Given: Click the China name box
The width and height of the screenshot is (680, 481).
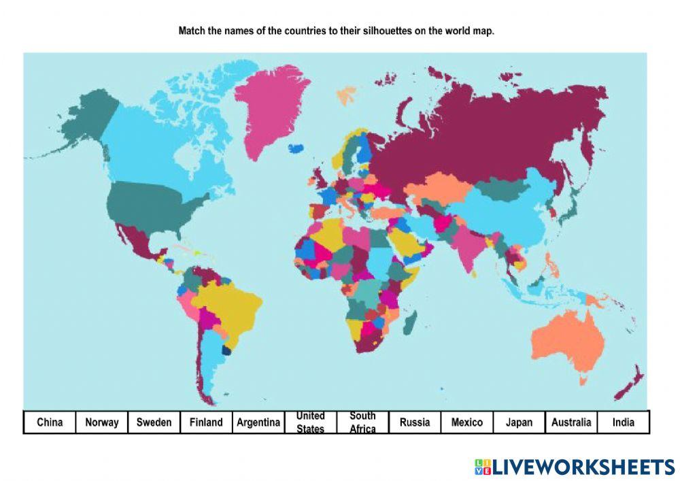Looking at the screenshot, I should tap(50, 422).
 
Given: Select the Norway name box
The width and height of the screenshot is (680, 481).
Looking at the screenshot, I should tap(101, 422).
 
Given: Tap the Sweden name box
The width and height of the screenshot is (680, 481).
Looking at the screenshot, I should tap(154, 422).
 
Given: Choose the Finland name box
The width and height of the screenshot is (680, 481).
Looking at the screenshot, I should tap(206, 422).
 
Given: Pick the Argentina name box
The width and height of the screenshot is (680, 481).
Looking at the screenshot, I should tap(258, 422).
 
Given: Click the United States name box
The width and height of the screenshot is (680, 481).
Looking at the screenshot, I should tap(310, 422).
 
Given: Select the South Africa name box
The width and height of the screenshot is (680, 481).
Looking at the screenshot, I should tap(362, 422).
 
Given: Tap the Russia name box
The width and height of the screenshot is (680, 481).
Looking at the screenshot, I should tap(415, 422).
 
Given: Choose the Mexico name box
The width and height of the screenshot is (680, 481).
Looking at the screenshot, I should tap(467, 422).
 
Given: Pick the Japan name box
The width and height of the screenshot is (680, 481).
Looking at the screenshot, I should tap(519, 422).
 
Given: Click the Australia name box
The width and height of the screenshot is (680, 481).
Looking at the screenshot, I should tap(571, 422).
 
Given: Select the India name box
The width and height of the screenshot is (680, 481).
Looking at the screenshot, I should tap(624, 422).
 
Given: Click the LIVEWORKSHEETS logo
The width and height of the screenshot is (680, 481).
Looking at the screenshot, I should tap(575, 467).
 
